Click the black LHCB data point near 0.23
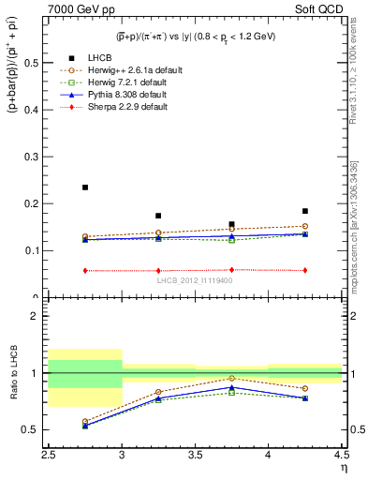[85, 187]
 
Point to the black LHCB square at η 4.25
[304, 211]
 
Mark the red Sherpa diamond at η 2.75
[85, 271]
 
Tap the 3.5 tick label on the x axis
[195, 455]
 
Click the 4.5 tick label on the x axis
[341, 455]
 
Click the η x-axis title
[344, 467]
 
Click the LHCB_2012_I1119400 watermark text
[195, 281]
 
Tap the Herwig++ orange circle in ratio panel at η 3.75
[231, 379]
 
